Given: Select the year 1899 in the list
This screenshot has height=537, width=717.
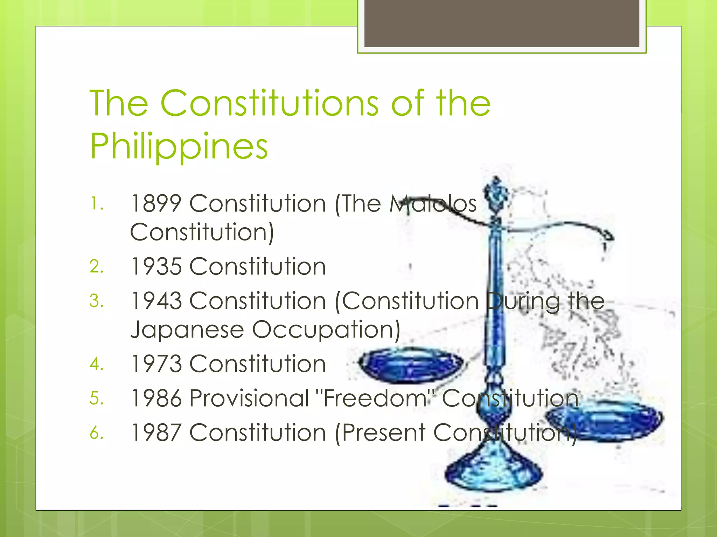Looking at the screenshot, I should click(x=156, y=203).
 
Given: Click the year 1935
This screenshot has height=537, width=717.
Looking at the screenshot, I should click(x=156, y=266).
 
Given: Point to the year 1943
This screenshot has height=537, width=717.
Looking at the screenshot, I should click(x=156, y=301).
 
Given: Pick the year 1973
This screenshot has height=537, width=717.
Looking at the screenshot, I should click(x=156, y=364).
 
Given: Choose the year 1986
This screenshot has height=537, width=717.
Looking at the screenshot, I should click(x=156, y=398).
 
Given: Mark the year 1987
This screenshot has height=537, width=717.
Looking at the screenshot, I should click(x=156, y=432).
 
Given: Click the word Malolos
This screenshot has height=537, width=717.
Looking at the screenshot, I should click(x=433, y=203).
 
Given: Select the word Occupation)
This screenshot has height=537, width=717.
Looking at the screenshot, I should click(x=326, y=329).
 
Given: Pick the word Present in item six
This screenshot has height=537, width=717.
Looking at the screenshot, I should click(x=383, y=432).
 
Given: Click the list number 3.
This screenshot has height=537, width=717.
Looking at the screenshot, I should click(x=96, y=301).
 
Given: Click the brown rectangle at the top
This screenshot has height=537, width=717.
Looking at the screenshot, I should click(x=502, y=23).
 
